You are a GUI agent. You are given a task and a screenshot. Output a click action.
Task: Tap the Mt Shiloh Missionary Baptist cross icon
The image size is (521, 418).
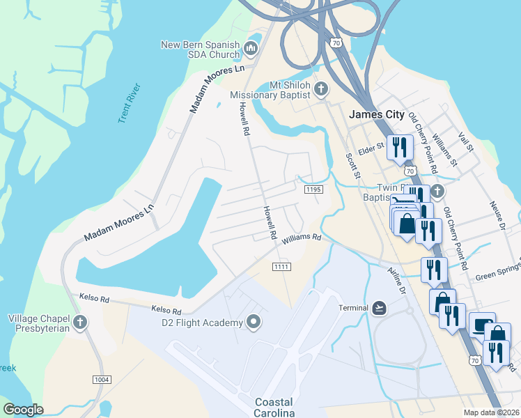click(x=320, y=88)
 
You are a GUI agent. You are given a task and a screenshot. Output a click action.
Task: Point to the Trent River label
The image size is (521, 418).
click(x=130, y=103)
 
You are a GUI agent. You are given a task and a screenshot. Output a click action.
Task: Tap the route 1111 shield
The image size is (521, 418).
click(x=281, y=267)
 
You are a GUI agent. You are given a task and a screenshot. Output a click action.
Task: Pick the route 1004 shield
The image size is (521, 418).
click(x=102, y=378)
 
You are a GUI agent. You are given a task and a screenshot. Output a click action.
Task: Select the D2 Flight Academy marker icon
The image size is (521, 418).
click(x=254, y=322)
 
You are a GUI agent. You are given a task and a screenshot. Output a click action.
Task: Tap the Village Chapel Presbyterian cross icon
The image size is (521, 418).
click(x=81, y=323)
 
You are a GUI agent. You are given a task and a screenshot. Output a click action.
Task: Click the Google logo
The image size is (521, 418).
click(x=24, y=409)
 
